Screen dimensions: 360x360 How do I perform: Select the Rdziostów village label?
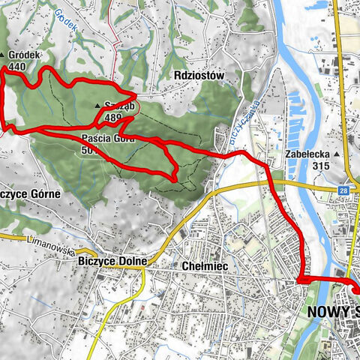coord(198,76)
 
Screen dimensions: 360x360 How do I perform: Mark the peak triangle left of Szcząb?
coord(97,106)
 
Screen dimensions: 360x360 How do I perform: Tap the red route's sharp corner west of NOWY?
coord(301,280)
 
